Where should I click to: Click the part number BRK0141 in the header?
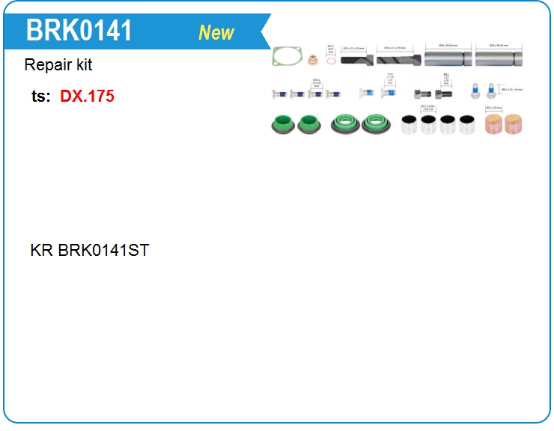pyautogui.click(x=79, y=31)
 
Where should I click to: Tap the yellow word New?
pyautogui.click(x=216, y=33)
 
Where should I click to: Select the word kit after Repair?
pyautogui.click(x=83, y=65)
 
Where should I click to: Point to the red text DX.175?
pyautogui.click(x=87, y=97)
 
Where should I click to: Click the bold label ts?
pyautogui.click(x=41, y=97)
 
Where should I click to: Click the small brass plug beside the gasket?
pyautogui.click(x=313, y=60)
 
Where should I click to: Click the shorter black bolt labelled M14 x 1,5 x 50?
pyautogui.click(x=357, y=60)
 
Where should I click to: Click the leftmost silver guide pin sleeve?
pyautogui.click(x=447, y=58)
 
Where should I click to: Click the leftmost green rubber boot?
pyautogui.click(x=282, y=124)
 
